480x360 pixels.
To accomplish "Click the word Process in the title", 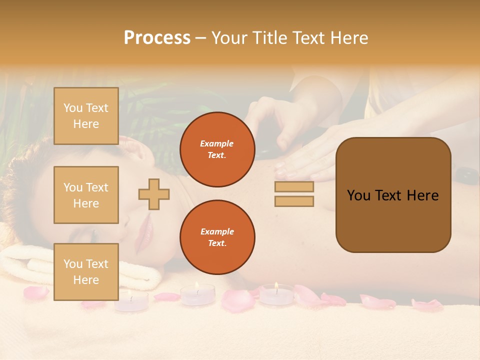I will pyautogui.click(x=157, y=38).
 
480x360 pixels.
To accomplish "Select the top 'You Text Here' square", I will pyautogui.click(x=86, y=116).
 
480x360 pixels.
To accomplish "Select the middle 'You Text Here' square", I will pyautogui.click(x=86, y=195).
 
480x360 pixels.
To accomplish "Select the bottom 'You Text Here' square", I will pyautogui.click(x=86, y=271).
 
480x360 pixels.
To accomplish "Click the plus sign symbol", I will pyautogui.click(x=154, y=194).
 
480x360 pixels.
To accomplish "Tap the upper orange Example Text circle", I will pyautogui.click(x=217, y=149).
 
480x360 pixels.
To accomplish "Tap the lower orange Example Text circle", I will pyautogui.click(x=217, y=237).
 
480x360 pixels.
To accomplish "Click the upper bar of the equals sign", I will pyautogui.click(x=294, y=187).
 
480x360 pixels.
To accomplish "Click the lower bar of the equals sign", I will pyautogui.click(x=294, y=201).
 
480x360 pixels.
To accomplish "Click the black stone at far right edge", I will pyautogui.click(x=467, y=176).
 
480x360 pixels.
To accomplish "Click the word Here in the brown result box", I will pyautogui.click(x=422, y=195).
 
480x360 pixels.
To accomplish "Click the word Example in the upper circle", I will pyautogui.click(x=217, y=143).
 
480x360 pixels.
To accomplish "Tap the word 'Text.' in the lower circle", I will pyautogui.click(x=217, y=243).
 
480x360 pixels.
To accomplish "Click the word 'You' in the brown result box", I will pyautogui.click(x=358, y=195).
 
